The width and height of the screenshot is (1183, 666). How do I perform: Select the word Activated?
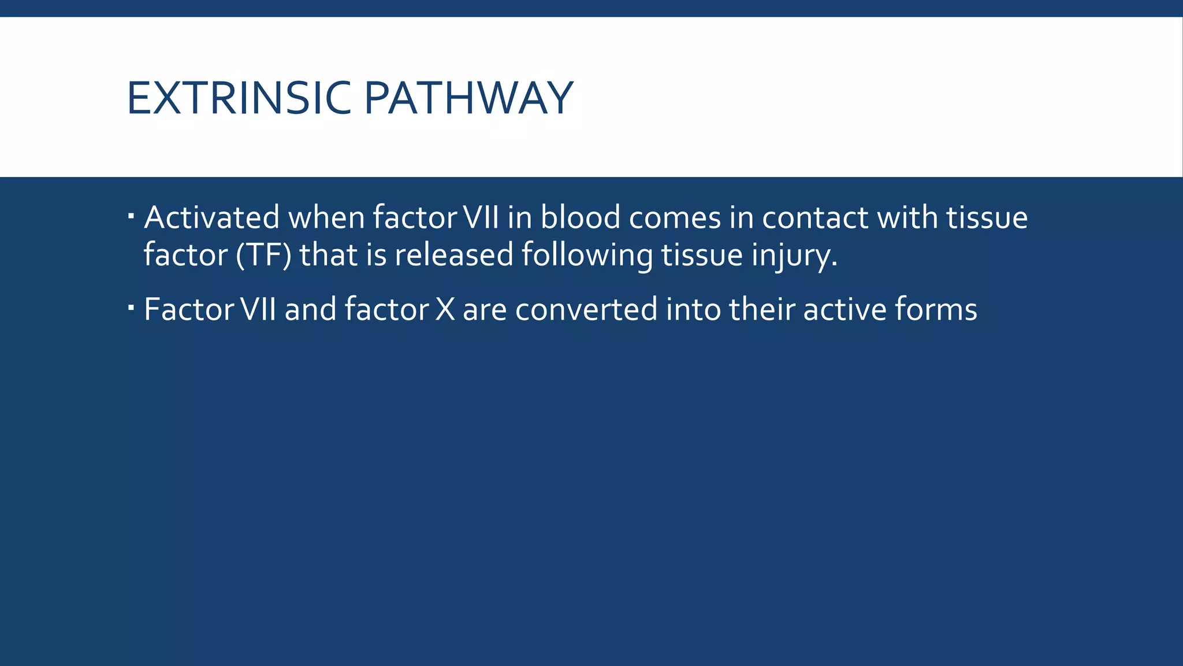point(212,218)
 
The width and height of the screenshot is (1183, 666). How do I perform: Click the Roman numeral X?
point(445,309)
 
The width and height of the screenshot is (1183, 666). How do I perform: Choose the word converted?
point(586,309)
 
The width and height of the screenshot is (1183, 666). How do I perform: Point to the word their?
point(762,309)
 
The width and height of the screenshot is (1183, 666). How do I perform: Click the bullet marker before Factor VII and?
point(131,308)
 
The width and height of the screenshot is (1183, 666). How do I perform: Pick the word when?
point(326,218)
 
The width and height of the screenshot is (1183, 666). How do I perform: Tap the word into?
point(693,309)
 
